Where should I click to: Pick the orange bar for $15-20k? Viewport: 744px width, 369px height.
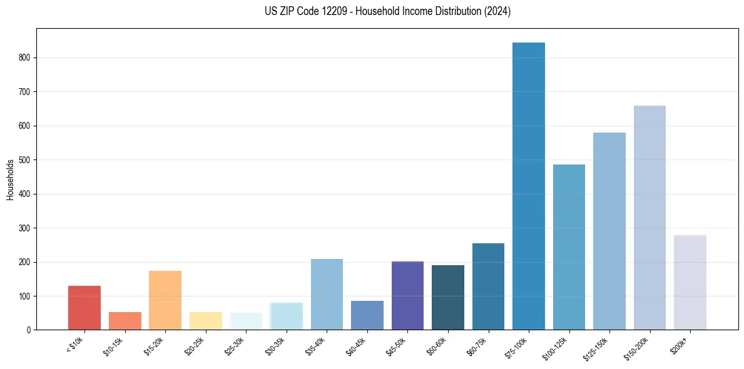click(x=165, y=300)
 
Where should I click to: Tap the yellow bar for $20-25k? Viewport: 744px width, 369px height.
click(x=206, y=321)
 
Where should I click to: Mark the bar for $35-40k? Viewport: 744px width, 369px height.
click(x=327, y=294)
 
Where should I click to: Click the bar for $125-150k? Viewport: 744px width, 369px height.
click(x=609, y=231)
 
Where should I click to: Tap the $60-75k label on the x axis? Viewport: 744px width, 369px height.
click(x=477, y=345)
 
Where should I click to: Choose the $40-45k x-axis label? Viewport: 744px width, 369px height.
click(x=356, y=345)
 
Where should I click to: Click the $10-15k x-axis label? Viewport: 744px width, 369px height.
click(x=114, y=345)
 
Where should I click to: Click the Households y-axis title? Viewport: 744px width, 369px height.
click(x=10, y=179)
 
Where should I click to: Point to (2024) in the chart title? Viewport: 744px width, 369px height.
click(x=498, y=11)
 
